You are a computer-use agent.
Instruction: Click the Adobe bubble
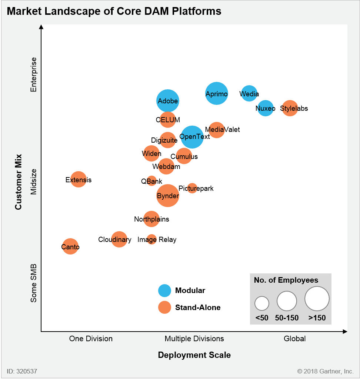tap(168, 100)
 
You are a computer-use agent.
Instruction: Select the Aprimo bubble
tap(217, 93)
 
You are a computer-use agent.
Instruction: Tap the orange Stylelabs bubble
tap(290, 108)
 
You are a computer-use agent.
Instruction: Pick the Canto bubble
tap(70, 246)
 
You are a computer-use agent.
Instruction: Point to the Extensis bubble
tap(79, 179)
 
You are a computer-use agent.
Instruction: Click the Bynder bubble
tap(168, 196)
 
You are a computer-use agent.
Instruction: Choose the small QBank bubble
tap(151, 181)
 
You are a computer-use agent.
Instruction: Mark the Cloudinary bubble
tap(119, 239)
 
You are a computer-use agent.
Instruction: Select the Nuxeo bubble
tap(266, 108)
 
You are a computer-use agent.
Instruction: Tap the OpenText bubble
tap(192, 137)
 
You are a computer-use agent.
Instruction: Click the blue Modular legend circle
tap(164, 290)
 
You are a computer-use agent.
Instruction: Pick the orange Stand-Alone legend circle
tap(164, 307)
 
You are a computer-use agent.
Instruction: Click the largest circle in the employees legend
tap(317, 299)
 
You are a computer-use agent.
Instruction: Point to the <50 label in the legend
tap(262, 318)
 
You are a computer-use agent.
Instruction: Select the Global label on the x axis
tap(294, 339)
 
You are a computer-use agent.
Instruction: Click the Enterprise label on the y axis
tap(34, 74)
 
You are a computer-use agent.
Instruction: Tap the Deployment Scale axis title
tap(194, 355)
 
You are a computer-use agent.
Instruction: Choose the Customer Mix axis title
tap(19, 182)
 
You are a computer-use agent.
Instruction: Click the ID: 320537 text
tap(22, 371)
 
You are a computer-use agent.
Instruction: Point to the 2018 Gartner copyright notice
tap(325, 371)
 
